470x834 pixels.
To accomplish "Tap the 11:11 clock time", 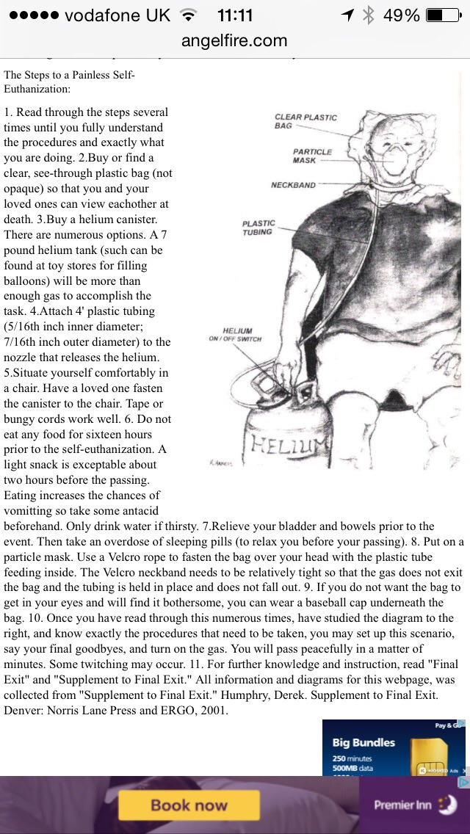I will point(235,15).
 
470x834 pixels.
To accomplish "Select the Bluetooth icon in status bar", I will point(368,15).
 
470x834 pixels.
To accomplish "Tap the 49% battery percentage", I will point(402,15).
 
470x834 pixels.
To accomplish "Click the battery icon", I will point(443,15).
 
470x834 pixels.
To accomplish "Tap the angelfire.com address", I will point(235,41).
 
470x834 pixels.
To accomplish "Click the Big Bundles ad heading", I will point(364,742).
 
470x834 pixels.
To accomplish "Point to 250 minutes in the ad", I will point(352,758).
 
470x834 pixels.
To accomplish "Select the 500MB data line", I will point(352,769).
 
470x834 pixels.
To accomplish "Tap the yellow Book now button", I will point(189,805).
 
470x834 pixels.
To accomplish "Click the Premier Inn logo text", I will point(402,805).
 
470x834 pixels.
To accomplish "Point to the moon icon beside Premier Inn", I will point(446,804).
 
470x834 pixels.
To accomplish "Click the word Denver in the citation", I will point(22,710).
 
